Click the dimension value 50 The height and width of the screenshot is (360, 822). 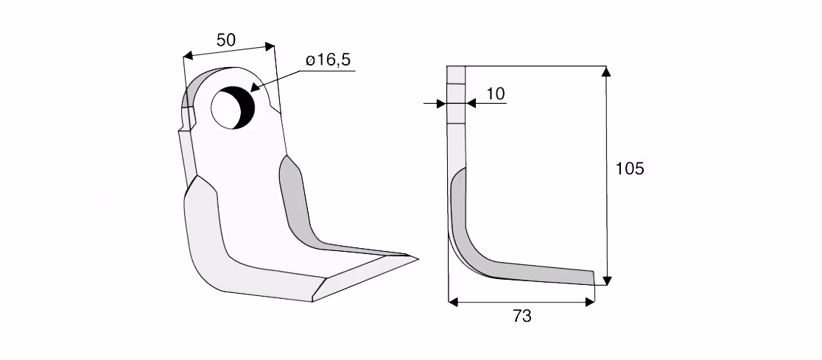pyautogui.click(x=226, y=40)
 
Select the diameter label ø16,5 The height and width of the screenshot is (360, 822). pyautogui.click(x=329, y=60)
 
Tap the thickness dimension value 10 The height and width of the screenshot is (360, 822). pyautogui.click(x=496, y=93)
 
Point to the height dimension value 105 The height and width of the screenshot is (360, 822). pyautogui.click(x=629, y=169)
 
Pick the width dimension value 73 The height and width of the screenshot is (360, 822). pyautogui.click(x=523, y=316)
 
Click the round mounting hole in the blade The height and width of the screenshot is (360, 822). pyautogui.click(x=233, y=107)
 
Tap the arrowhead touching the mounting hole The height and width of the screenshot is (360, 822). pyautogui.click(x=254, y=88)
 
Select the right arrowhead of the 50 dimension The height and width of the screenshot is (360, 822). pyautogui.click(x=270, y=46)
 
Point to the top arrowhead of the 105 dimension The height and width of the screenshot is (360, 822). pyautogui.click(x=606, y=71)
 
